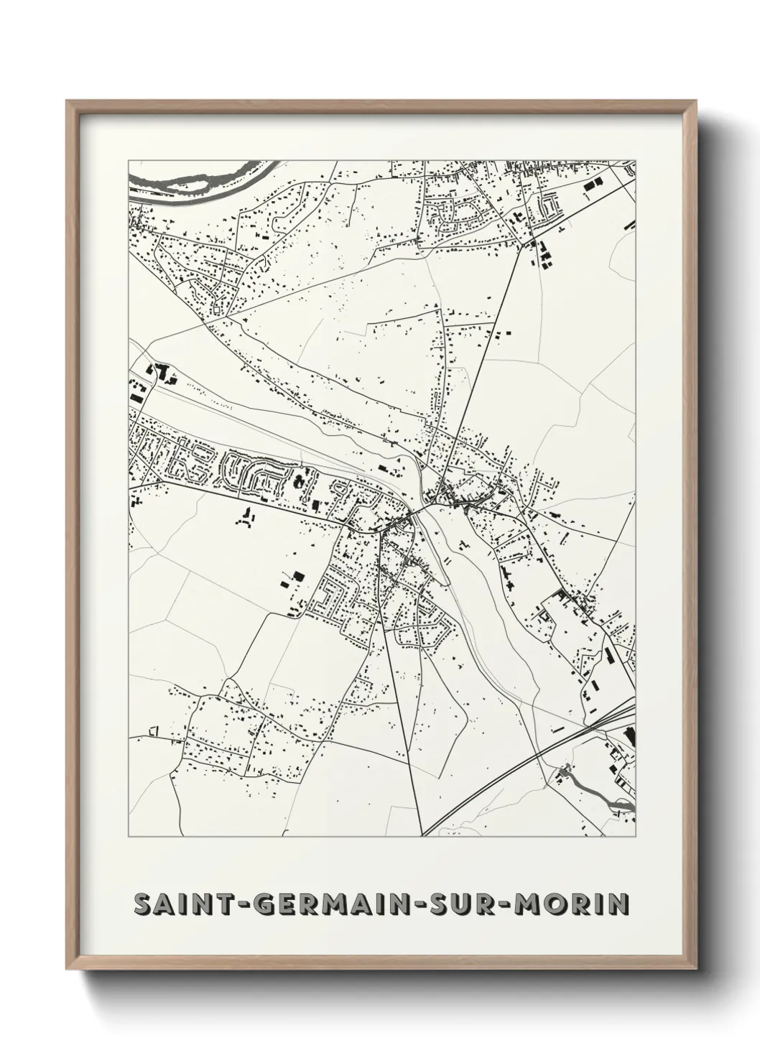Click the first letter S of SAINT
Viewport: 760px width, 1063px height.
point(142,904)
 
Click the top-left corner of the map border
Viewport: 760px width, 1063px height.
point(128,160)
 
